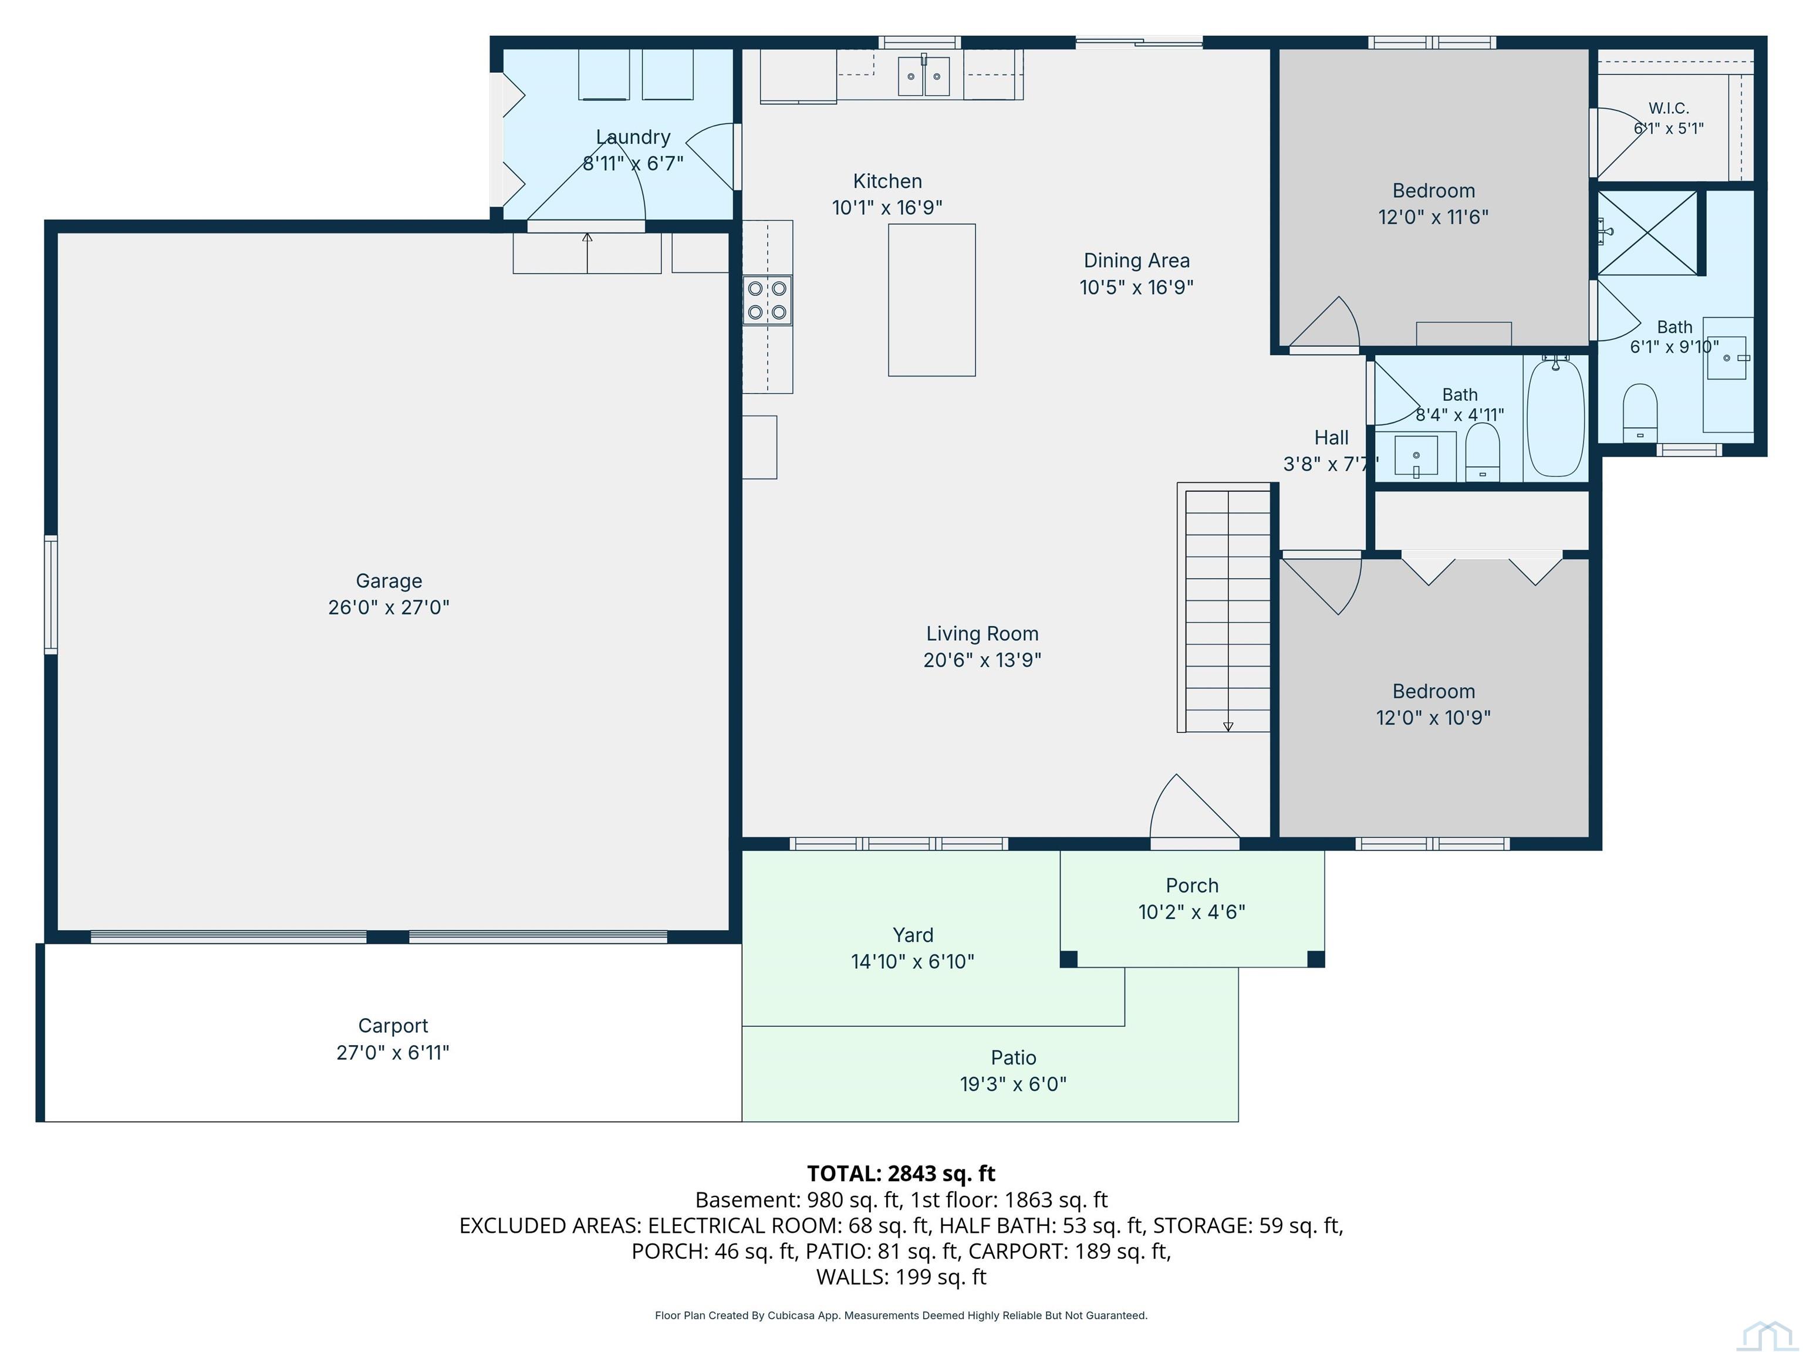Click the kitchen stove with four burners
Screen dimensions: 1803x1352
click(x=767, y=300)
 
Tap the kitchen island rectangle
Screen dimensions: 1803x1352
click(x=931, y=300)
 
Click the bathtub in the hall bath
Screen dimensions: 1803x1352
click(x=1555, y=417)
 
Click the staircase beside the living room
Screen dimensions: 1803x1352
click(x=1225, y=608)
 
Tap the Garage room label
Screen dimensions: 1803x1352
click(x=389, y=581)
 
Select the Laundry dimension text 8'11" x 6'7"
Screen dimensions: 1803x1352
click(x=633, y=163)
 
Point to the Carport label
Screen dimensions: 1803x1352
click(x=393, y=1026)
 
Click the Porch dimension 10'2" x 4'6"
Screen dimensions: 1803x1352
click(x=1191, y=911)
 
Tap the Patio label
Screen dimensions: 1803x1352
click(x=1013, y=1058)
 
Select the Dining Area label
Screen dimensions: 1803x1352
click(x=1136, y=261)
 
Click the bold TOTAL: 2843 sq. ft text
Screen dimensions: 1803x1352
click(x=901, y=1174)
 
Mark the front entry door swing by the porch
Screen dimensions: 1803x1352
click(x=1193, y=806)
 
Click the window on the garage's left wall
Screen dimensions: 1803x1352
click(x=50, y=595)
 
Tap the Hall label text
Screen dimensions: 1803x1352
click(x=1331, y=438)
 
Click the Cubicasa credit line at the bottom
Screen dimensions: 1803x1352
click(x=901, y=1316)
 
